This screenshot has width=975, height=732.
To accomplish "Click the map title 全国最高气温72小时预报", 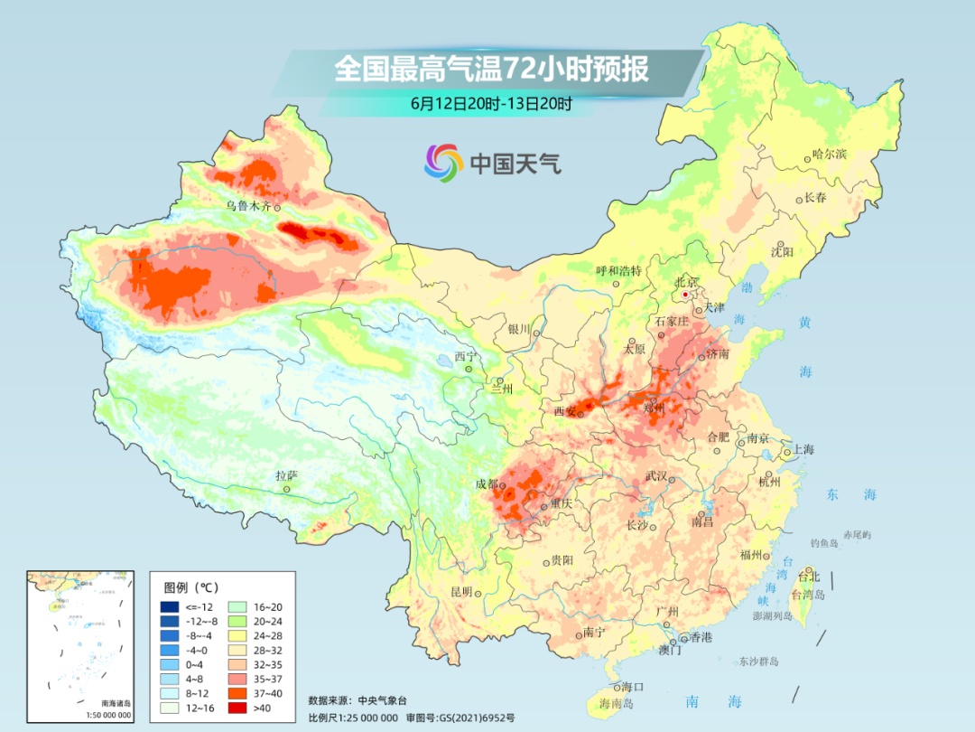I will (491, 70).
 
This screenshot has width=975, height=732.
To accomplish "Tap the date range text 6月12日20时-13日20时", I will (491, 104).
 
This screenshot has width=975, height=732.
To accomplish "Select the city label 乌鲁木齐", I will (249, 206).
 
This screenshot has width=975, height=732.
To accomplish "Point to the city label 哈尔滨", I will (829, 155).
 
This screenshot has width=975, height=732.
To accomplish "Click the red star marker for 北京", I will (686, 295).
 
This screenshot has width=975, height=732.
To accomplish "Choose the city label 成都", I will (487, 483).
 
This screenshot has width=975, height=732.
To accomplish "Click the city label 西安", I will (564, 412).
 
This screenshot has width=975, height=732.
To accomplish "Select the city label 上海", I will (803, 450).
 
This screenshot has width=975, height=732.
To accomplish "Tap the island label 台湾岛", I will (808, 595).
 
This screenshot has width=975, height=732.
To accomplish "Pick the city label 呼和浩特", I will (618, 270).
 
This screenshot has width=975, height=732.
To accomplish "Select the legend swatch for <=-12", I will (169, 606).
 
